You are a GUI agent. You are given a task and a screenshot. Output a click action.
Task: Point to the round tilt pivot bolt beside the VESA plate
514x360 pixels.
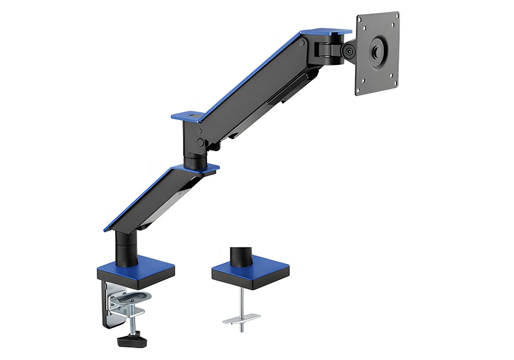[x=350, y=51]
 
